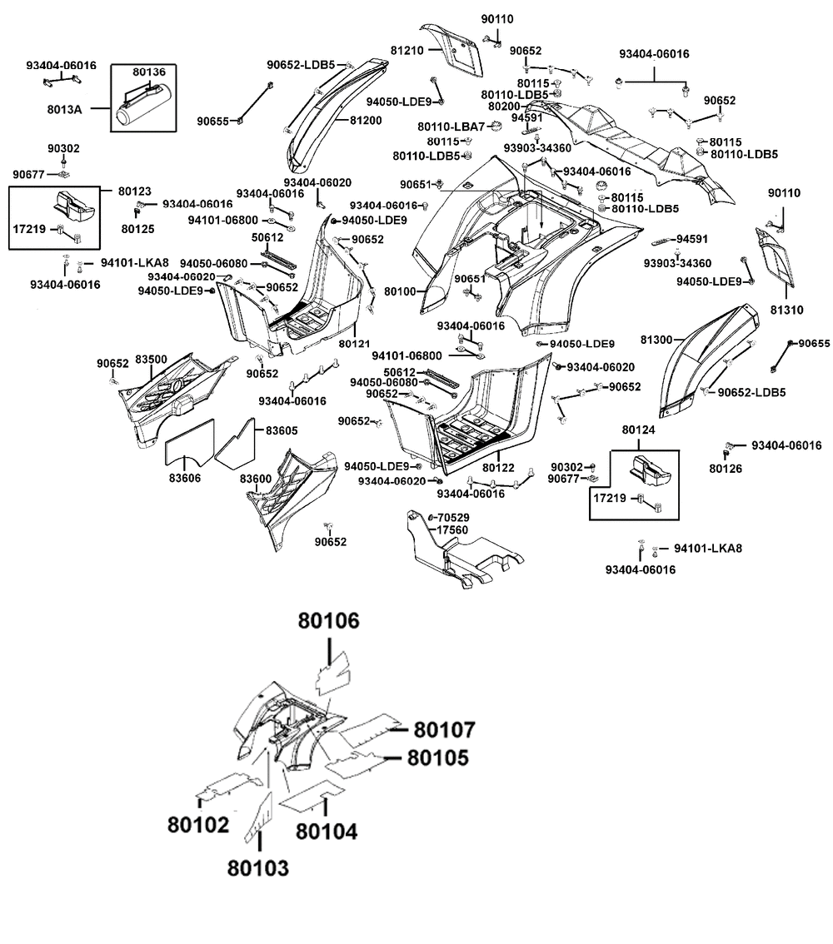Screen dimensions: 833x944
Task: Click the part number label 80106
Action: [x=329, y=621]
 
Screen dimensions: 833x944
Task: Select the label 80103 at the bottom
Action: [x=257, y=868]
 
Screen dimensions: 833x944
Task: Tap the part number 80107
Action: [x=445, y=730]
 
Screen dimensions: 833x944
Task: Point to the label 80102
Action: [x=198, y=824]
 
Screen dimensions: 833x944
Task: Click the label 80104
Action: [x=327, y=832]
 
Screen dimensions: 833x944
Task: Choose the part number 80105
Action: [x=438, y=758]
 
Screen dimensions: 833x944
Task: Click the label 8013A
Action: [x=64, y=109]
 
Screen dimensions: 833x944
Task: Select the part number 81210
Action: [x=407, y=51]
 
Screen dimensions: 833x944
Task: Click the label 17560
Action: [x=452, y=529]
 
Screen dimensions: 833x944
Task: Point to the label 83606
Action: [x=185, y=478]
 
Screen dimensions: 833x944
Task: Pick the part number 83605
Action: [x=282, y=430]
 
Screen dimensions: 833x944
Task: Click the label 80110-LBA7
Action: [x=451, y=127]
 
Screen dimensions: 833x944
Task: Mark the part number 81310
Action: [x=787, y=310]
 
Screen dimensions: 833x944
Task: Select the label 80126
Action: [x=726, y=469]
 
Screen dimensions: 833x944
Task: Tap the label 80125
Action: [x=138, y=229]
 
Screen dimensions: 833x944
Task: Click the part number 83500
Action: [x=151, y=360]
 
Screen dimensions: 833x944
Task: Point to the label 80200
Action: [x=504, y=107]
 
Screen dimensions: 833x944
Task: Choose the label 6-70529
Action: [x=449, y=517]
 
